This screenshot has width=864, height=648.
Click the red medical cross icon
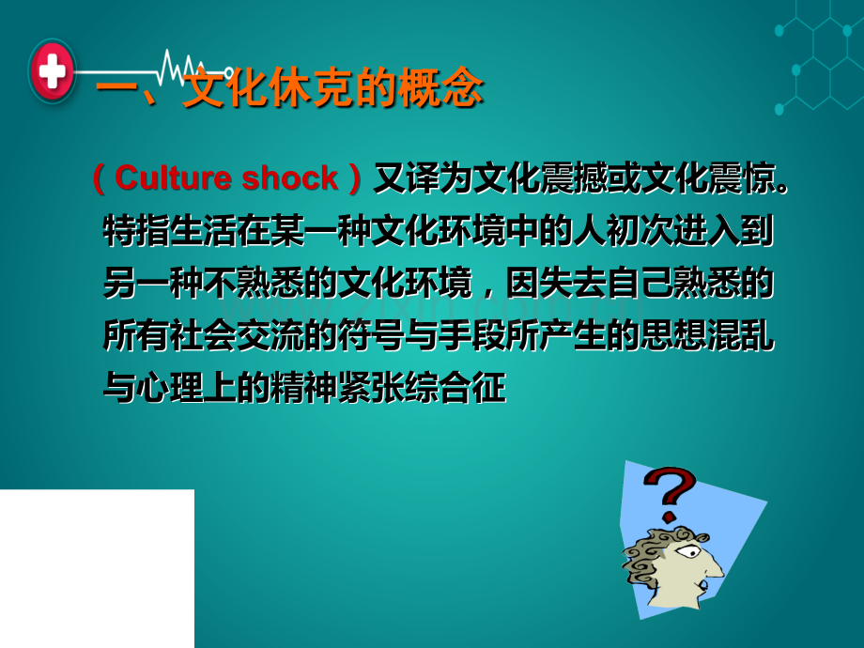[53, 70]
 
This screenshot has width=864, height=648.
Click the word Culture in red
[173, 177]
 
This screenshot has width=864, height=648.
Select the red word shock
[290, 177]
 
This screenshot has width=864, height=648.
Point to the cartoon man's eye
[687, 551]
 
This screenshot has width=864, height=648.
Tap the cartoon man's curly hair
[653, 557]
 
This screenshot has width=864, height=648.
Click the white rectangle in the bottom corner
[97, 569]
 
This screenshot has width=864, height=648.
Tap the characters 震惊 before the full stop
[742, 178]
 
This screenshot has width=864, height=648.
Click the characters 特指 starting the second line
[137, 231]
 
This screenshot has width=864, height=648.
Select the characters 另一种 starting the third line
[153, 284]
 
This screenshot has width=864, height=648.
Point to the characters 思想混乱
[707, 335]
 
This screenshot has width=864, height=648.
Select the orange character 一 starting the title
[116, 88]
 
